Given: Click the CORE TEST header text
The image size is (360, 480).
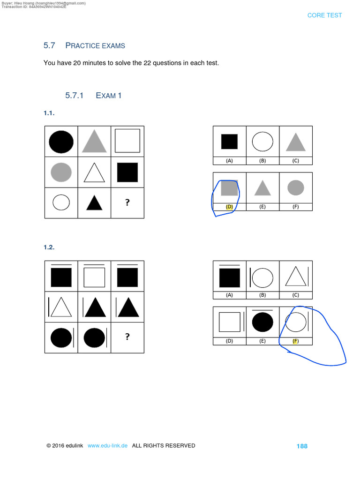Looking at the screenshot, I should (x=324, y=15).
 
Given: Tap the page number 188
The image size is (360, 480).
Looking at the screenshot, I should (x=302, y=446).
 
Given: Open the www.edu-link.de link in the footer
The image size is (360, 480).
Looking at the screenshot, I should (x=107, y=446).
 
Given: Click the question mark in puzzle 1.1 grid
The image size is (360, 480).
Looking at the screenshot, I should (x=127, y=202).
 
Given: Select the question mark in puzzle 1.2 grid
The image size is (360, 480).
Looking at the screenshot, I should (x=127, y=337).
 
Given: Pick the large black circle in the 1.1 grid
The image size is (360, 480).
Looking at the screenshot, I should (x=61, y=142).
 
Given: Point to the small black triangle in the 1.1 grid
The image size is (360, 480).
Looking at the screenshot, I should (x=94, y=202).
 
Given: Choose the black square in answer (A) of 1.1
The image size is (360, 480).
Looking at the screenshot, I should (x=229, y=141).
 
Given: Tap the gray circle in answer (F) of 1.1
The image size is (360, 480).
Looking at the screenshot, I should (x=296, y=187).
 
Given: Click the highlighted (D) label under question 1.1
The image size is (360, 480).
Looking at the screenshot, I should (x=229, y=206).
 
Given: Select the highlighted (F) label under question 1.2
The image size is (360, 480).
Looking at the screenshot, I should (x=295, y=341).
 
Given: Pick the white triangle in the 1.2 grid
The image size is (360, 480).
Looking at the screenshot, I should (x=61, y=307).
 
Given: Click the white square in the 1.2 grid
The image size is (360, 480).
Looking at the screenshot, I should (x=94, y=277).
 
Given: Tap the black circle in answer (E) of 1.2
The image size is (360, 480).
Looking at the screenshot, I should (x=262, y=323).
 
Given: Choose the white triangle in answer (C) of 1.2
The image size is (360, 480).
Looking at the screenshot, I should (x=295, y=277).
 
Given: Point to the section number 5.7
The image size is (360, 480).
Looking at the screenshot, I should (x=49, y=45).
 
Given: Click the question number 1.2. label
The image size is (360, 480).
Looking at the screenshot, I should (x=50, y=247).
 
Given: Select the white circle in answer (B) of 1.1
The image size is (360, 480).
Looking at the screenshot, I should (x=262, y=141).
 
